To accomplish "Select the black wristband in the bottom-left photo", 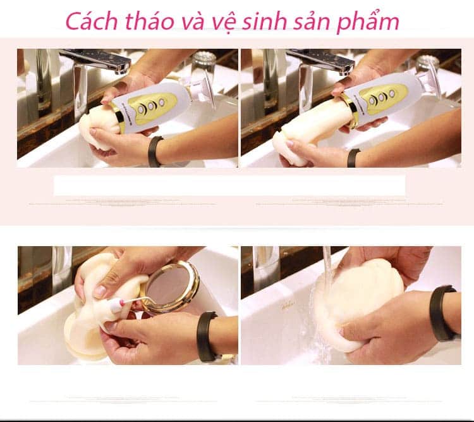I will click(205, 335).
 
